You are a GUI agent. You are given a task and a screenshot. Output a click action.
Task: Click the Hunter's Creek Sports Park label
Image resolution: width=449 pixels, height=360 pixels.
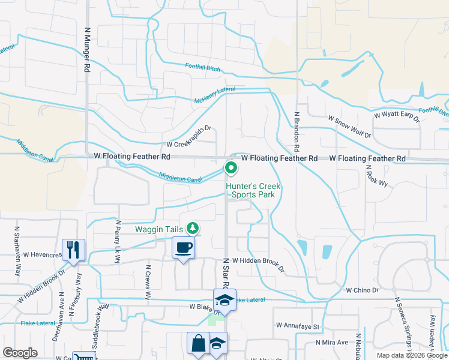(x=253, y=191)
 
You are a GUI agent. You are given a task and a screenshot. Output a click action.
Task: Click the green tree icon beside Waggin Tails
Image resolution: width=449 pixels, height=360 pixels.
(x=193, y=228)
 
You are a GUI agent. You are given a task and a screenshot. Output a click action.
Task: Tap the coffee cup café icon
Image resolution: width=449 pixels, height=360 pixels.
(x=184, y=247)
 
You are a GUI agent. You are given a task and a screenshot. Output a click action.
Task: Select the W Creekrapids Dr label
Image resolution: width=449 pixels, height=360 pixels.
(x=190, y=144)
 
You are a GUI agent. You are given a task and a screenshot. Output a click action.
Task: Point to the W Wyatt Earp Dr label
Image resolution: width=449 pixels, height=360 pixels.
(x=397, y=114)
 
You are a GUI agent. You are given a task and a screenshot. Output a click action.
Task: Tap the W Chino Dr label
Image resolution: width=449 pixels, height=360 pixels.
(x=363, y=290)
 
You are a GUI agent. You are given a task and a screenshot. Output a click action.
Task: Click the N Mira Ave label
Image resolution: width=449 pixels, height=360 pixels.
(x=332, y=343)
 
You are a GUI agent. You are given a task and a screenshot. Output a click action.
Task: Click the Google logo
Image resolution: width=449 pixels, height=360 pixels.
(x=20, y=353)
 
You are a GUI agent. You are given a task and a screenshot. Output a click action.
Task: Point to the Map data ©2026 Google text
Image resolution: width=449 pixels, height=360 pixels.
(x=411, y=355)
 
